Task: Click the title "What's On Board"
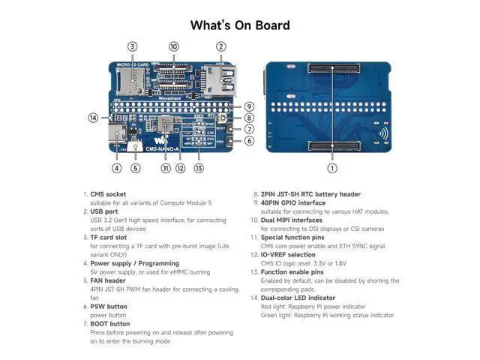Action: point(239,25)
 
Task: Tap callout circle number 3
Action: point(132,46)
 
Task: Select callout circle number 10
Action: point(174,46)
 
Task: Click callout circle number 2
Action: point(220,46)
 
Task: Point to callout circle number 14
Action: point(93,118)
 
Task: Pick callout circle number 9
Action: point(249,106)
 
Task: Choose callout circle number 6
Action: point(249,140)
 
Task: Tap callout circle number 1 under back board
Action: point(332,168)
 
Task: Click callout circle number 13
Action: point(199,168)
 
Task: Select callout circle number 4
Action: point(117,168)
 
